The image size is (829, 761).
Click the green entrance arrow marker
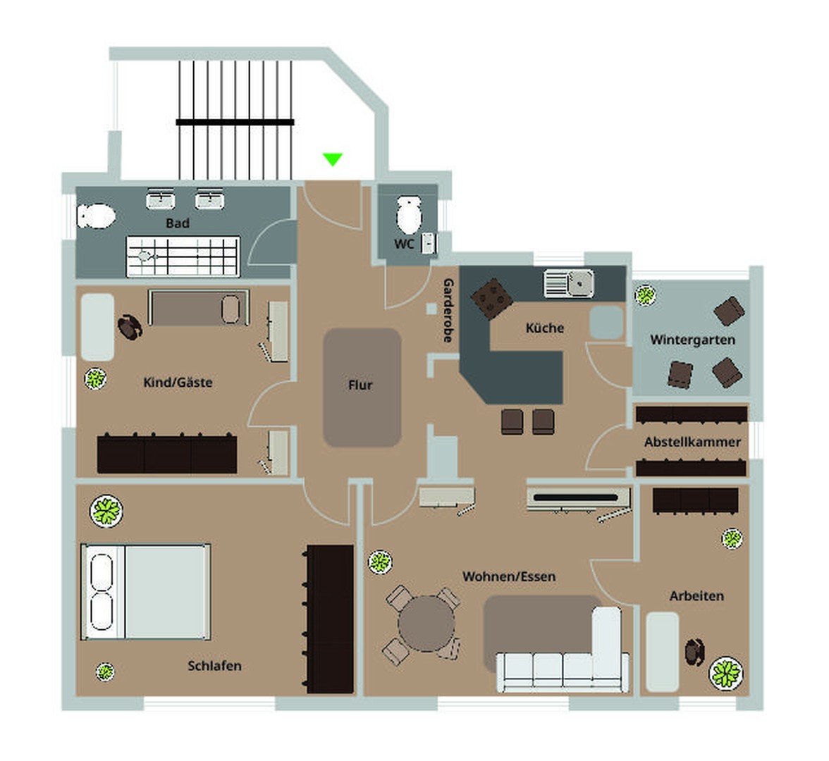click(x=332, y=159)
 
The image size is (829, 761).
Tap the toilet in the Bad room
click(x=97, y=216)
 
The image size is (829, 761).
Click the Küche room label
click(x=545, y=328)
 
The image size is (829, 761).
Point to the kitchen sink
click(x=569, y=283)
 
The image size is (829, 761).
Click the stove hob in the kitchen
click(x=491, y=297)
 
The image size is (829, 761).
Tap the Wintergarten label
click(x=692, y=340)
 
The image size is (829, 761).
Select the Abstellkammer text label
click(x=692, y=442)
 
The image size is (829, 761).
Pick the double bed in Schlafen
click(x=146, y=592)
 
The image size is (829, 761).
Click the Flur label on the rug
click(x=360, y=385)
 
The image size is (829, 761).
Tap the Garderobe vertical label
click(x=448, y=310)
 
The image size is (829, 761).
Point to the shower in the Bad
click(x=183, y=256)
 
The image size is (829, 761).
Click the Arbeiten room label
click(x=696, y=596)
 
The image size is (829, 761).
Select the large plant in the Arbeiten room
click(x=725, y=673)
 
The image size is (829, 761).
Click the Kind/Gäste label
click(x=178, y=383)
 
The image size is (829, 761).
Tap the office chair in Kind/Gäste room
click(x=130, y=327)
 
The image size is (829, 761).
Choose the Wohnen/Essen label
click(x=509, y=576)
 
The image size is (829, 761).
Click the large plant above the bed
click(x=106, y=511)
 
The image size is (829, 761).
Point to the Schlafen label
click(x=214, y=665)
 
